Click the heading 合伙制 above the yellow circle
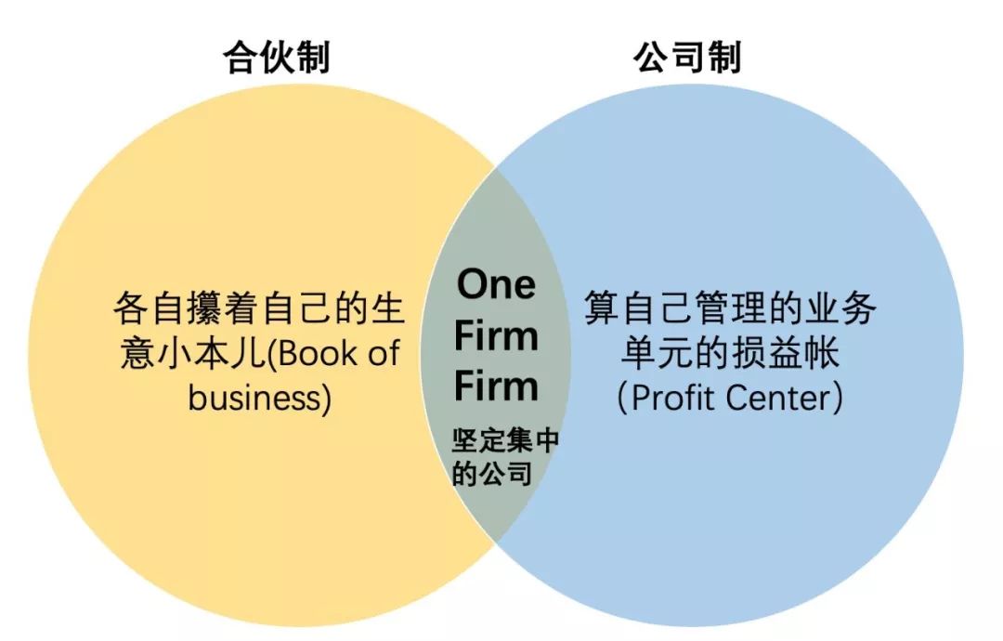[x=276, y=59]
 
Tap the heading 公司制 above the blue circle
[x=687, y=58]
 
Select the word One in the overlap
[x=496, y=284]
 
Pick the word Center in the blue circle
[x=779, y=398]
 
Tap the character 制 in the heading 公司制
[x=723, y=58]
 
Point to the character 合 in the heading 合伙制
[x=240, y=59]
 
